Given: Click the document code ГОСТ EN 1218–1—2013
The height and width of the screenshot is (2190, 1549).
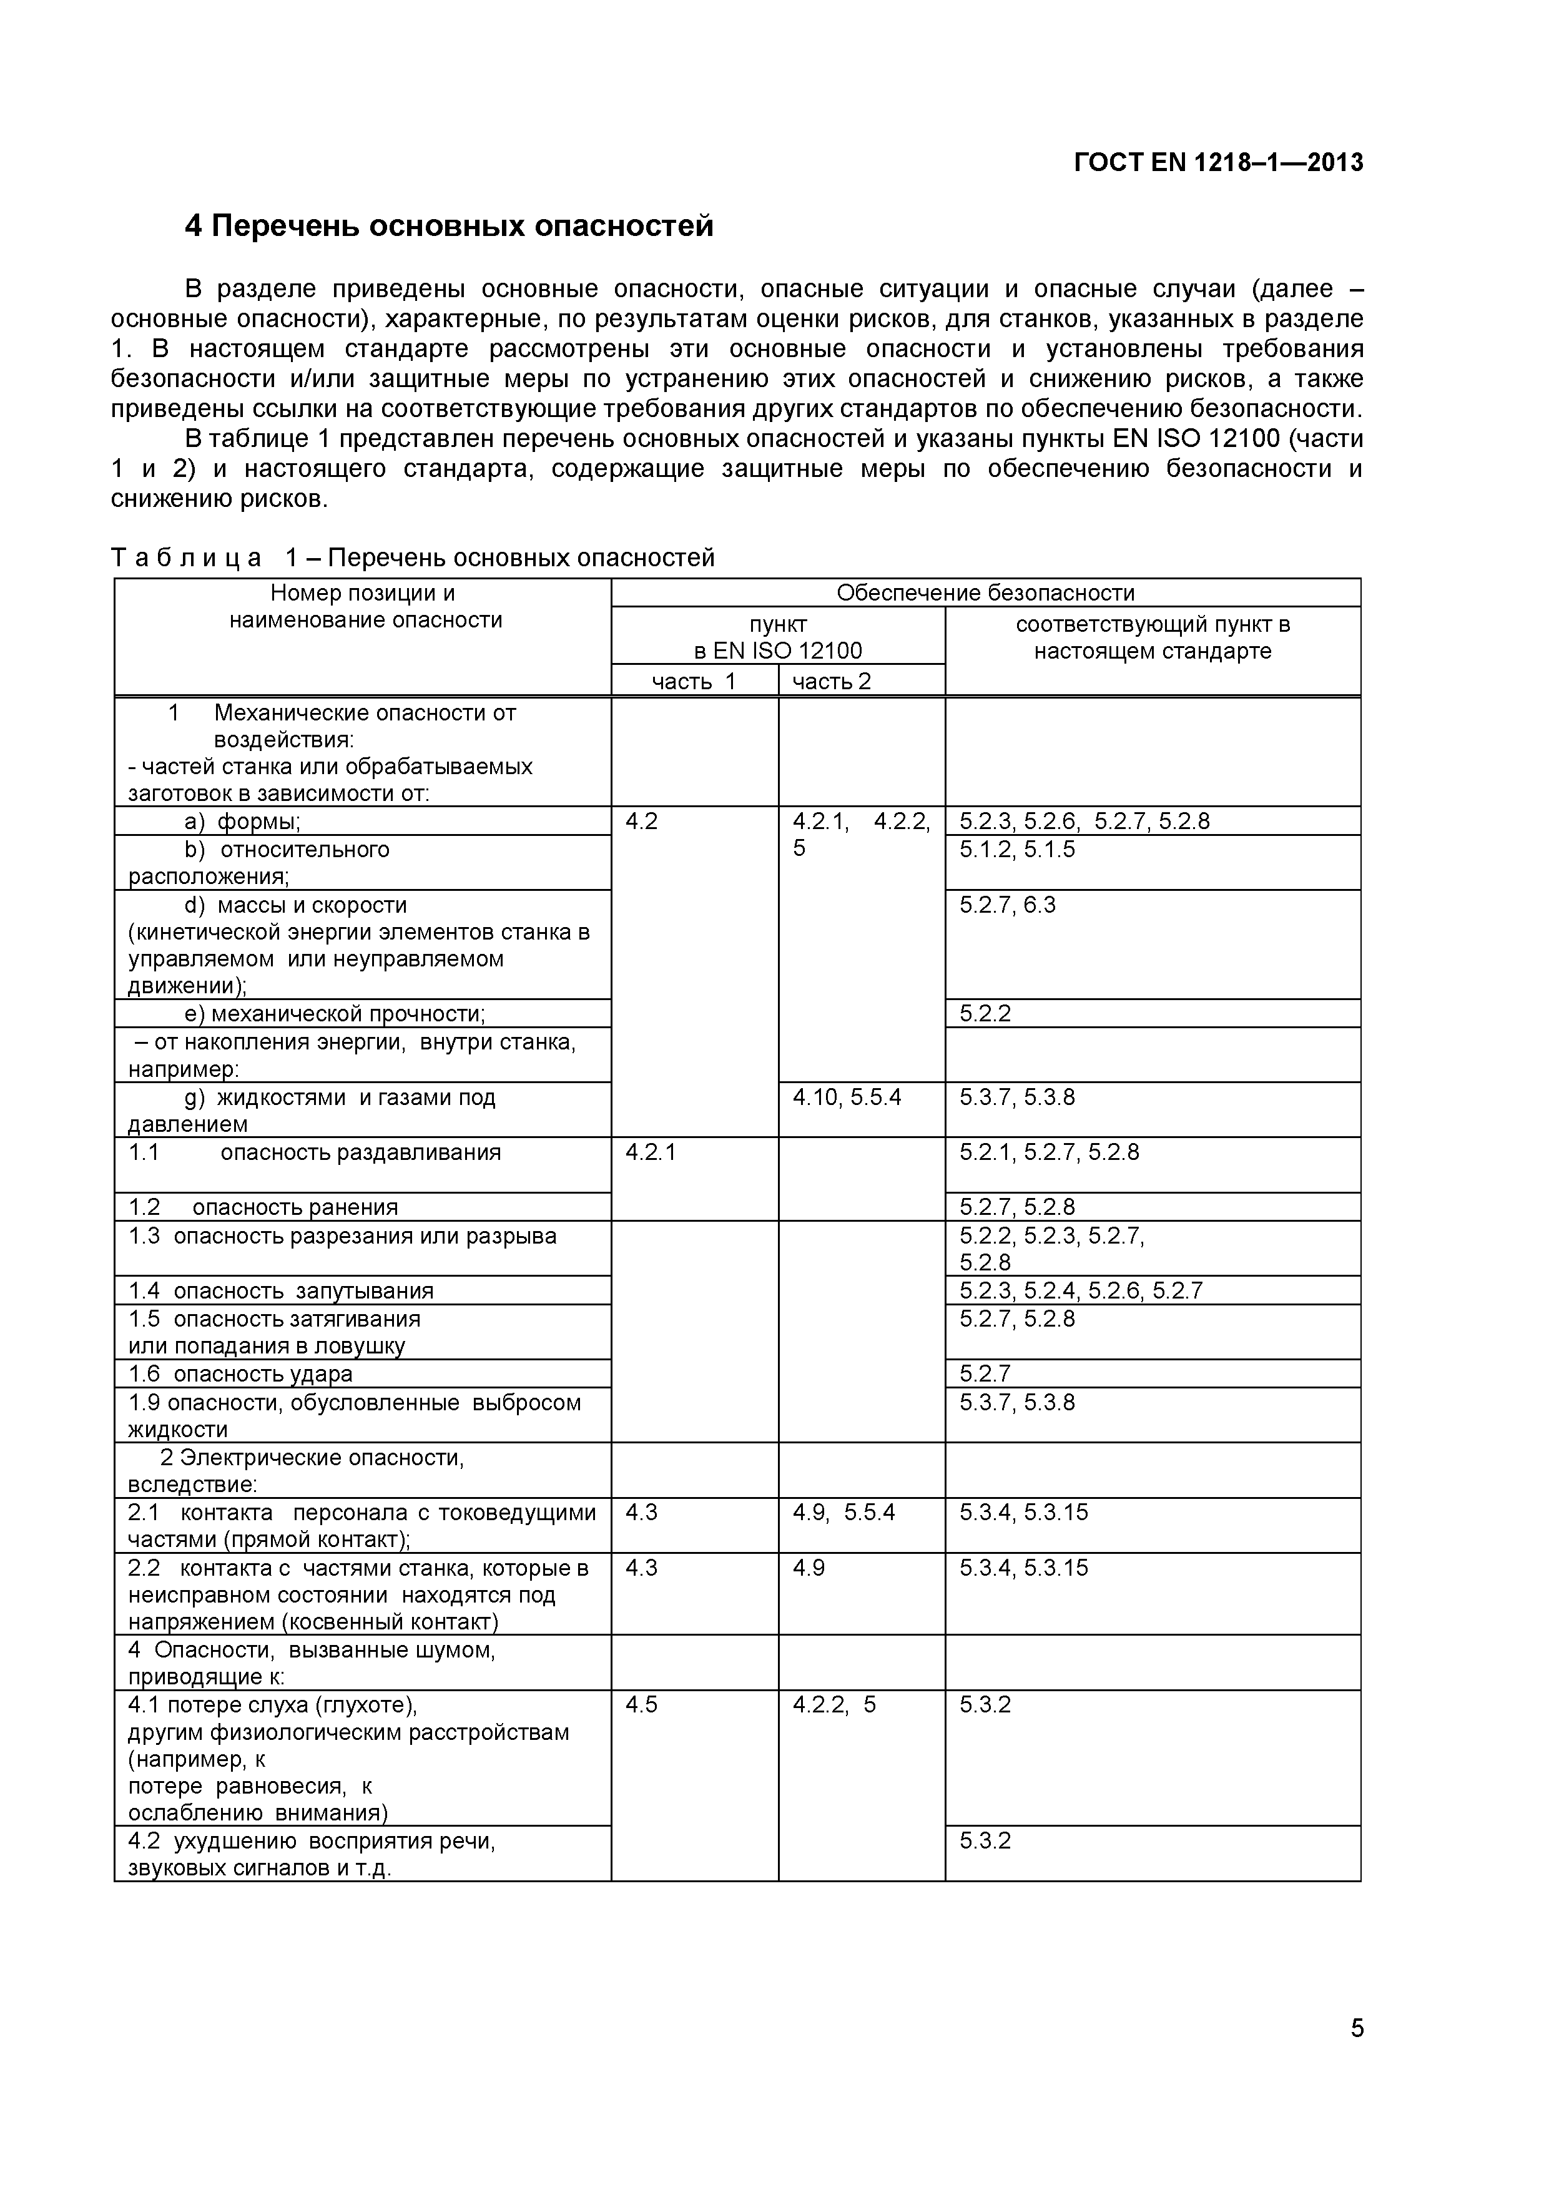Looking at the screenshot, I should [x=1218, y=163].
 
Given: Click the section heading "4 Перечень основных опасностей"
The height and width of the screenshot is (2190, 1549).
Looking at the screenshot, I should [x=450, y=226].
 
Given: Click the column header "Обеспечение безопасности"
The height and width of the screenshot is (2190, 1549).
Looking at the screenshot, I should [x=985, y=592].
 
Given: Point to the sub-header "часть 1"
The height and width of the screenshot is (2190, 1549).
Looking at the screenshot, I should [x=694, y=681].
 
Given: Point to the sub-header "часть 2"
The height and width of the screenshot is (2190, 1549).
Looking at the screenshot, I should [x=832, y=681].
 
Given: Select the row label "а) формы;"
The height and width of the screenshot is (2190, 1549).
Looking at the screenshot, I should [x=242, y=822].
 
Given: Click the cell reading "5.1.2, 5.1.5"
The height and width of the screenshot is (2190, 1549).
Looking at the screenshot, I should [x=1017, y=849].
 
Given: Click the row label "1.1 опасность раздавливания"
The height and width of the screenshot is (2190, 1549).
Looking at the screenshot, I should [x=315, y=1152].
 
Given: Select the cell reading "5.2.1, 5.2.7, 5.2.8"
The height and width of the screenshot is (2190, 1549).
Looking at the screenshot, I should [x=1049, y=1152].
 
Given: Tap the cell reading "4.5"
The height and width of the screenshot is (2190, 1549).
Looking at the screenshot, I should [x=641, y=1704].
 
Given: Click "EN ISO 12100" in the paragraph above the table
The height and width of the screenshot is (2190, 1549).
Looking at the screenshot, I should [x=1196, y=439].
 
